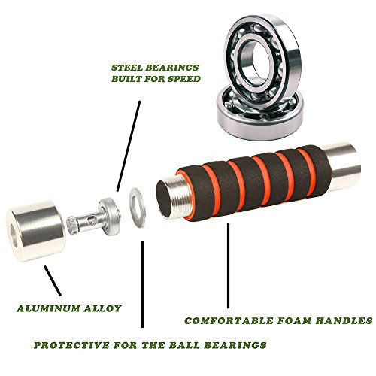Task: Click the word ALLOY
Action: [x=103, y=308]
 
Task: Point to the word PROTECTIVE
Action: [x=71, y=345]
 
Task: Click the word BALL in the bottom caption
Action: [x=184, y=345]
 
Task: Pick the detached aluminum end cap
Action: [x=36, y=231]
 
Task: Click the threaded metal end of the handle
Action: [x=175, y=198]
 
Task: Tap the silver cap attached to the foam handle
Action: [x=342, y=166]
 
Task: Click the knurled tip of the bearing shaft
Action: [x=73, y=225]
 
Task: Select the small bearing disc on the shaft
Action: [x=110, y=217]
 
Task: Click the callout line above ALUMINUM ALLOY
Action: [x=53, y=280]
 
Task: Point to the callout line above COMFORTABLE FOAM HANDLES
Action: [x=228, y=265]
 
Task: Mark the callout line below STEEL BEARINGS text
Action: [x=129, y=146]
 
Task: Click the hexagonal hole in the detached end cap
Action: [x=14, y=235]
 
